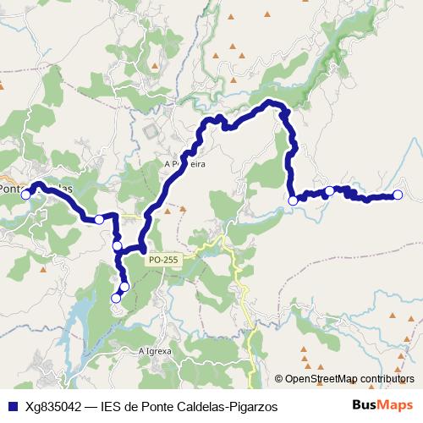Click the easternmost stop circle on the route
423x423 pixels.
[398, 195]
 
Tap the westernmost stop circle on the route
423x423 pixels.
[26, 195]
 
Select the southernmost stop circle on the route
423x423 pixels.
[116, 298]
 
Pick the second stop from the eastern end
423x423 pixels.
[329, 191]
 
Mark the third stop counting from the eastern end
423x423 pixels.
[293, 201]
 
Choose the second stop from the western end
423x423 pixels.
[99, 220]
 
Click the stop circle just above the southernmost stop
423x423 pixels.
[124, 287]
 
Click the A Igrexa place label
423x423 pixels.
[155, 349]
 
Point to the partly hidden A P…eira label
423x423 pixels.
[184, 164]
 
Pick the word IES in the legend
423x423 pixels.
[112, 406]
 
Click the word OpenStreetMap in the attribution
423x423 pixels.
[316, 379]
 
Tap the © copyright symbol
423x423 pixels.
[277, 379]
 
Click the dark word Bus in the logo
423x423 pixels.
[365, 405]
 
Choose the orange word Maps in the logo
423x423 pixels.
[395, 405]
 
